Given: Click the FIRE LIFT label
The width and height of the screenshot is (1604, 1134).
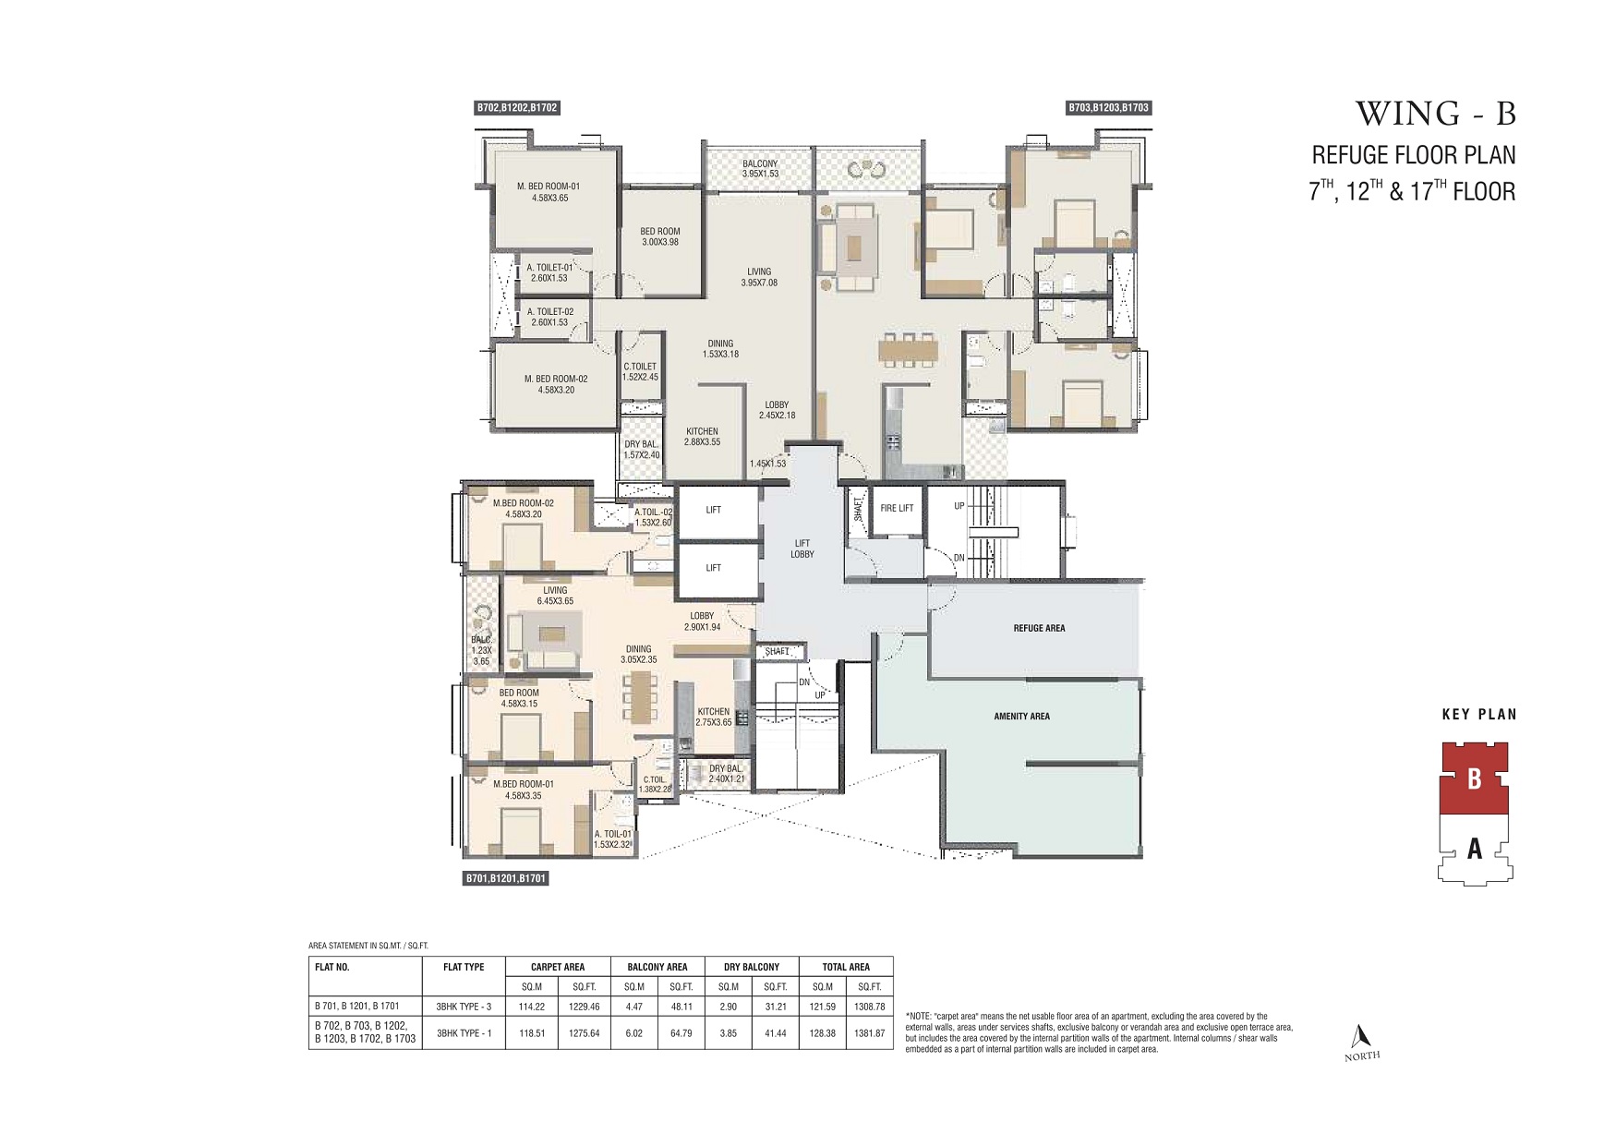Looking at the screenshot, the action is (896, 508).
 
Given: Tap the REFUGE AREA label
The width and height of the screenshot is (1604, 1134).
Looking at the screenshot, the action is (1039, 628).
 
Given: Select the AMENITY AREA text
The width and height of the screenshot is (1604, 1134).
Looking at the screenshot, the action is (1021, 716).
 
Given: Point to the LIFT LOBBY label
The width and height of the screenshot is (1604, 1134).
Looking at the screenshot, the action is (802, 549).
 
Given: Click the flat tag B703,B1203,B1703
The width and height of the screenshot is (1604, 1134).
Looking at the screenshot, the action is (1108, 108).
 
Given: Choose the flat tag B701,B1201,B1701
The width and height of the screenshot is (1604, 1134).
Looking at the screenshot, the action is (505, 878).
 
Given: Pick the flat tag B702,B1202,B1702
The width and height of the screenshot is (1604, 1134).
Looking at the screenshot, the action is (517, 108).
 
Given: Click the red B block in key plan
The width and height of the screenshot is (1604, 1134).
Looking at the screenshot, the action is (1474, 778).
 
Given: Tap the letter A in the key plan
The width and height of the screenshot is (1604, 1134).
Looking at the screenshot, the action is (1474, 847).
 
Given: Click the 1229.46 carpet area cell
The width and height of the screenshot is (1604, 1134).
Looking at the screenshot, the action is (584, 1007).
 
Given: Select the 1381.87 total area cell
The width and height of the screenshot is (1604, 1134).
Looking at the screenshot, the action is (869, 1033).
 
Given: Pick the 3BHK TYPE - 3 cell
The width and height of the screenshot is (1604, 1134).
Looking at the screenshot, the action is (464, 1007).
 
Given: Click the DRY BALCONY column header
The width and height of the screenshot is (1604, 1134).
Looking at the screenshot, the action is (751, 967).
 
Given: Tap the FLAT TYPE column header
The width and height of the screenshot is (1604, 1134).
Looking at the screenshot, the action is (464, 967).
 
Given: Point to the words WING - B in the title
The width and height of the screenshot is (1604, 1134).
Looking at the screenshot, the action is (1435, 114).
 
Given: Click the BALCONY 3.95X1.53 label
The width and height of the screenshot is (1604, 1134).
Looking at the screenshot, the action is (760, 169).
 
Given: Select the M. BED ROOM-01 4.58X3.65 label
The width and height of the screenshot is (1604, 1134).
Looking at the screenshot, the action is (549, 192).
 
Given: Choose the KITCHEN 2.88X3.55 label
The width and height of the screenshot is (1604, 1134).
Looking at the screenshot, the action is (702, 437).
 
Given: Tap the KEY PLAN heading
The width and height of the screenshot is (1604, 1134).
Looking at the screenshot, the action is (1478, 714).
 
